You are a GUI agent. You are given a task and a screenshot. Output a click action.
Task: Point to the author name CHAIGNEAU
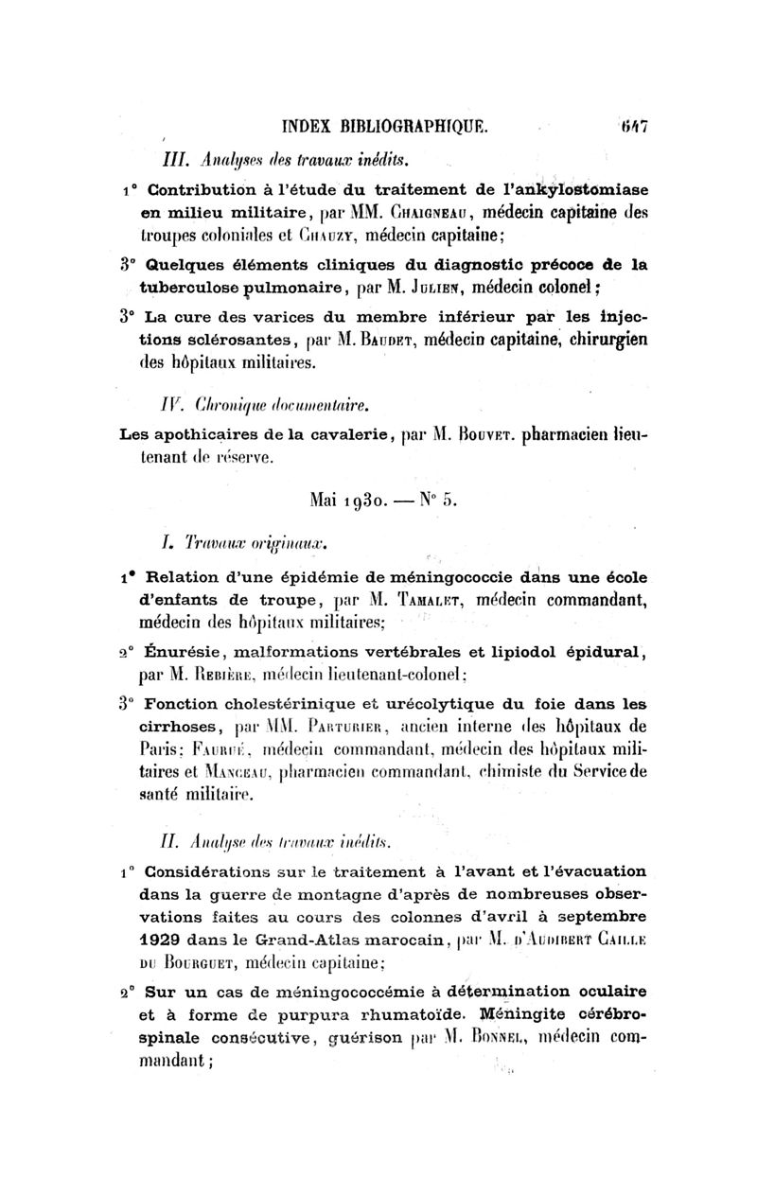point(409,207)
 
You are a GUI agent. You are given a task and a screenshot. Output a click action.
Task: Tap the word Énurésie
point(181,652)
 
